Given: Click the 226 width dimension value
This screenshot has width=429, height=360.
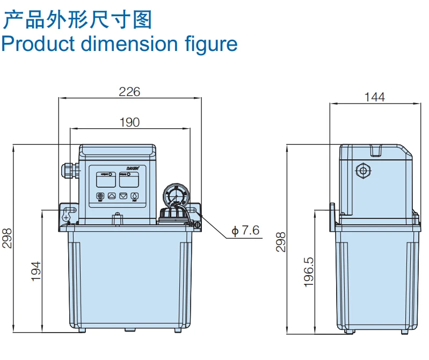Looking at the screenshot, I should coord(129,92).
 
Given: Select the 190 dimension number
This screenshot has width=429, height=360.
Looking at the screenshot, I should coord(129,122).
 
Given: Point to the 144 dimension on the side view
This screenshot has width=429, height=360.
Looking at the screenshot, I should coord(375,97).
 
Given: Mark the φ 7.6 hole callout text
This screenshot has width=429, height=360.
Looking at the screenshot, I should coord(245,231).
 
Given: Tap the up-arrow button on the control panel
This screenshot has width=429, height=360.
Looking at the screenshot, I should coord(112,196).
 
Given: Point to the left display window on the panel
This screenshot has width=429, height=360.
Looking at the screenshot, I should coord(105,179).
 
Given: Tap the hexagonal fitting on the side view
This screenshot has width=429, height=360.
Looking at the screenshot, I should coord(363,172).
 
